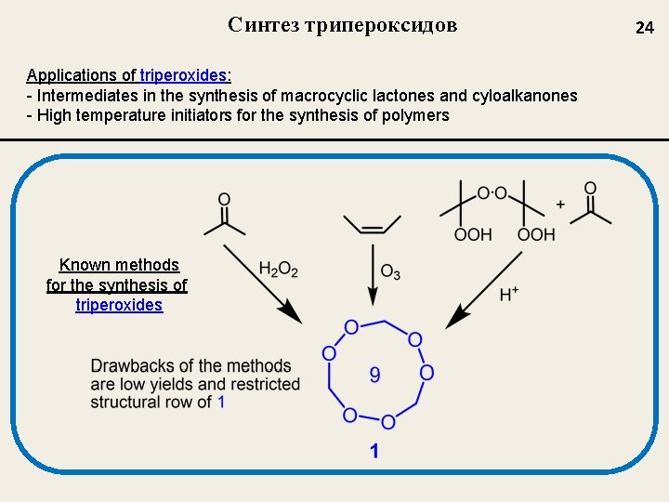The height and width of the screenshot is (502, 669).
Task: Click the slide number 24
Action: [x=644, y=28]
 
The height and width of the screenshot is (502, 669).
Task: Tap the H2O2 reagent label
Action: [x=278, y=270]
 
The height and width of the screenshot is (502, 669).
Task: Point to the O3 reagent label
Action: [x=390, y=271]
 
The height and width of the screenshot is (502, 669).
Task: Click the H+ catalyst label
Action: [x=509, y=295]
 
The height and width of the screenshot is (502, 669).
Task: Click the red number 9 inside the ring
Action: [x=374, y=375]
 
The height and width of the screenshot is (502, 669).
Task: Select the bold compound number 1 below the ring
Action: [x=374, y=452]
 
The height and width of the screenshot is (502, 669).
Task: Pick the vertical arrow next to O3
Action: [x=372, y=274]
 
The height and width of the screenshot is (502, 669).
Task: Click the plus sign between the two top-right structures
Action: [x=560, y=204]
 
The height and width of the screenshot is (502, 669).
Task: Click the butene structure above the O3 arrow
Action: [x=372, y=226]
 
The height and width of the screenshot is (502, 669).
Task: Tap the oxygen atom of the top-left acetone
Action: [x=224, y=199]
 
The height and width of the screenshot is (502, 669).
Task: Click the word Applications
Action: [x=72, y=75]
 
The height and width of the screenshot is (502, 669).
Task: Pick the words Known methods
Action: [x=119, y=265]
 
